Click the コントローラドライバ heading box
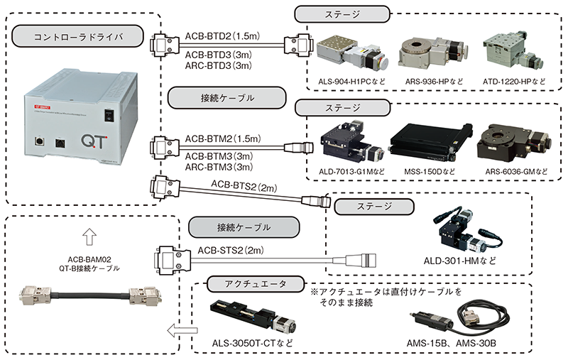[78, 37]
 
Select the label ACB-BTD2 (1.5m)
[222, 36]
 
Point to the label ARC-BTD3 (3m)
[219, 65]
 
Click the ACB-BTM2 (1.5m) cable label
[223, 138]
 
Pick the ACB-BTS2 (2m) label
[244, 186]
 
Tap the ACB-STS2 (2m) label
[231, 250]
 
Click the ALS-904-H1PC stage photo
[352, 55]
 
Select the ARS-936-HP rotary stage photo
[434, 53]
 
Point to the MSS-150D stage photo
[431, 143]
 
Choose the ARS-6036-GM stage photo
[514, 142]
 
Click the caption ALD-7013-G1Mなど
[351, 172]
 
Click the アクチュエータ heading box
[256, 284]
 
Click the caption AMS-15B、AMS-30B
[451, 344]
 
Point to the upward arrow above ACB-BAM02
[89, 237]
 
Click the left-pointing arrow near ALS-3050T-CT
[182, 330]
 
